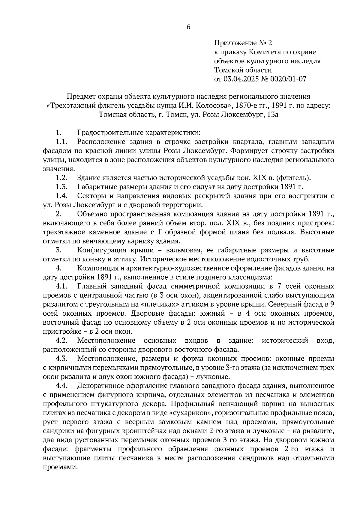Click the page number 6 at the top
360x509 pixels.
coord(188,27)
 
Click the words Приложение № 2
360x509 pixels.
coord(243,43)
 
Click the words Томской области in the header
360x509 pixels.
coord(243,70)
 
